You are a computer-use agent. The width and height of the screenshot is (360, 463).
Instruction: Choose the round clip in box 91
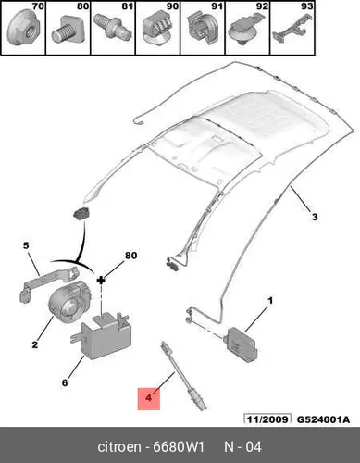tap(202, 29)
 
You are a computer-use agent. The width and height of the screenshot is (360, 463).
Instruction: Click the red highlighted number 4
tap(149, 398)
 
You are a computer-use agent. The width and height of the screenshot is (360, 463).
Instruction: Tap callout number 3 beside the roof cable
tap(315, 217)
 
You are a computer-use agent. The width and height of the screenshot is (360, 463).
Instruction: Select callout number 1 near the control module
tap(270, 300)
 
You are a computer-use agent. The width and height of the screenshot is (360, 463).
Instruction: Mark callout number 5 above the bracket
tap(26, 245)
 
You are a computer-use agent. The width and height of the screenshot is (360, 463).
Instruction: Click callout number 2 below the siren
tap(35, 344)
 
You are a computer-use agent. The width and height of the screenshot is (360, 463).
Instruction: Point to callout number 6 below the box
tap(65, 382)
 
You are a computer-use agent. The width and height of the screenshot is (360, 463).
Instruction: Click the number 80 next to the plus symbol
tap(130, 256)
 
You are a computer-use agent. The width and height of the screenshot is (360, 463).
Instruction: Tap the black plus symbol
tap(101, 280)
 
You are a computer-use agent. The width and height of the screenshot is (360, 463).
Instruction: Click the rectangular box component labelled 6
tap(103, 336)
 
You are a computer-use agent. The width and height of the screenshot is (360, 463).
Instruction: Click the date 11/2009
tap(267, 419)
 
